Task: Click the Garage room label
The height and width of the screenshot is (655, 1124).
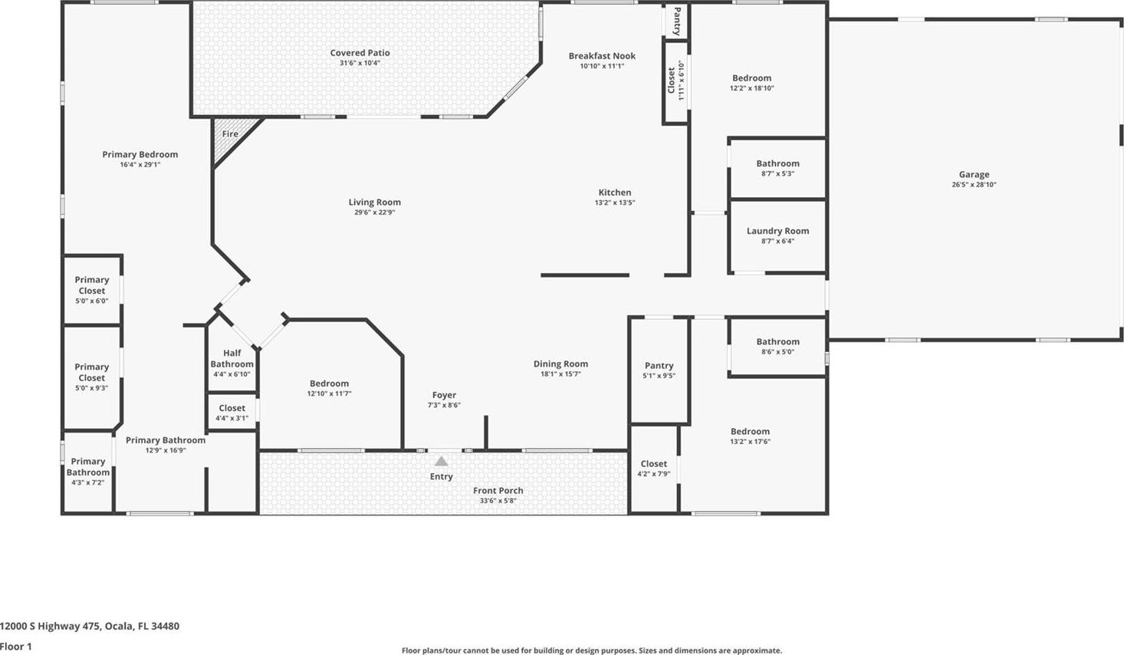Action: click(974, 174)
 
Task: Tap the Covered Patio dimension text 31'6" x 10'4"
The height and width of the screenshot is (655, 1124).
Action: click(360, 63)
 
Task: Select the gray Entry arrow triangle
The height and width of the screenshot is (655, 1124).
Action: click(441, 461)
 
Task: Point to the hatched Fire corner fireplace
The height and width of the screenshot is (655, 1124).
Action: click(232, 139)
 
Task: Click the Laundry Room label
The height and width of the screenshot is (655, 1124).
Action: click(777, 231)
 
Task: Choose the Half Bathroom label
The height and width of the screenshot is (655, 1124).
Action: click(232, 358)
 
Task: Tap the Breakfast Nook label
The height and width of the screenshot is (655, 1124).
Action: click(602, 56)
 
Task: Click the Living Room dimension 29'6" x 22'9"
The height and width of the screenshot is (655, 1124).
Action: click(375, 212)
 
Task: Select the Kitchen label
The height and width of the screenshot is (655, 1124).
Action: click(615, 193)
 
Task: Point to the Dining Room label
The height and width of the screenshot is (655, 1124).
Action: click(560, 364)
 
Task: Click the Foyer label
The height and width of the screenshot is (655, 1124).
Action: click(444, 395)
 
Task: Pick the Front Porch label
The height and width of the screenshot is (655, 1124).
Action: click(498, 490)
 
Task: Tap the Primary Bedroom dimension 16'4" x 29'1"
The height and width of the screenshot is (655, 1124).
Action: click(140, 165)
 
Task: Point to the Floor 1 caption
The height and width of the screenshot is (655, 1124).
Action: click(16, 647)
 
